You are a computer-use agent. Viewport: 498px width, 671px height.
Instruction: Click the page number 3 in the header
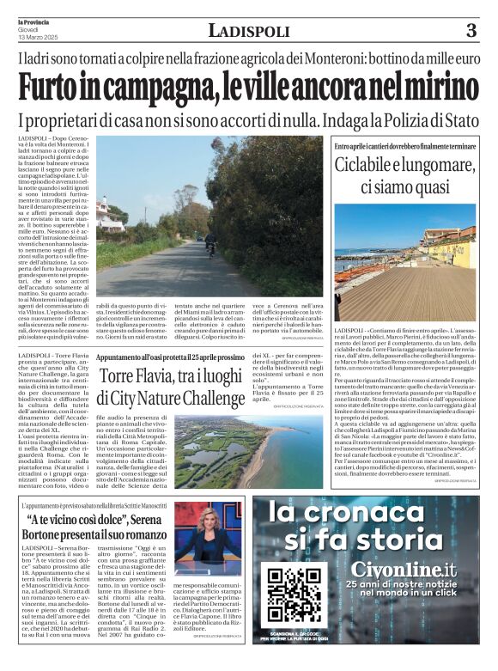(x=471, y=31)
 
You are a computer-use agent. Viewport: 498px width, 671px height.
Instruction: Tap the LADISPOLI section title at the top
(x=248, y=32)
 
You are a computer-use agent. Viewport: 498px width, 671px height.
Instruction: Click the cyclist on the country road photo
(x=210, y=243)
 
